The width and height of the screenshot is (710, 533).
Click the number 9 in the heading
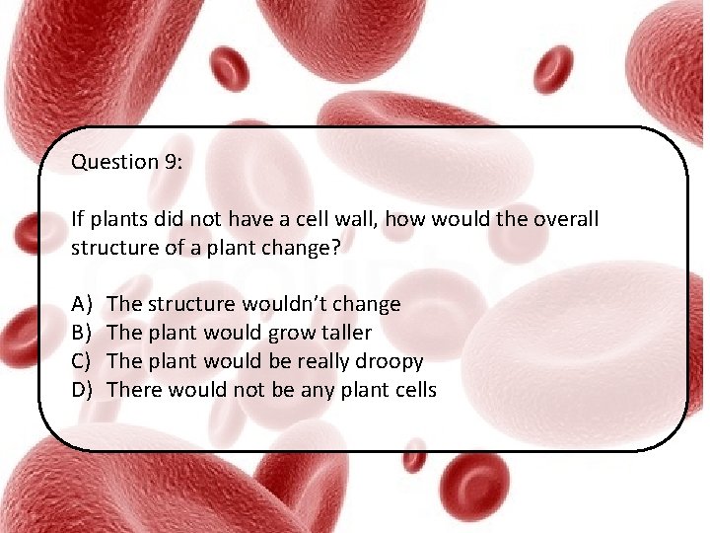pos(173,162)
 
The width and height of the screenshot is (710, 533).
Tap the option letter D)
pos(82,390)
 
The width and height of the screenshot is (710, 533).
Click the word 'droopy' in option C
pos(391,362)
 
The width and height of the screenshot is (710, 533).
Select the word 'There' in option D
pos(134,390)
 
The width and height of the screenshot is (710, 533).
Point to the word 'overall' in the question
pos(564,219)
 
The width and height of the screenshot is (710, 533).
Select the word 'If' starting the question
pos(77,219)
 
